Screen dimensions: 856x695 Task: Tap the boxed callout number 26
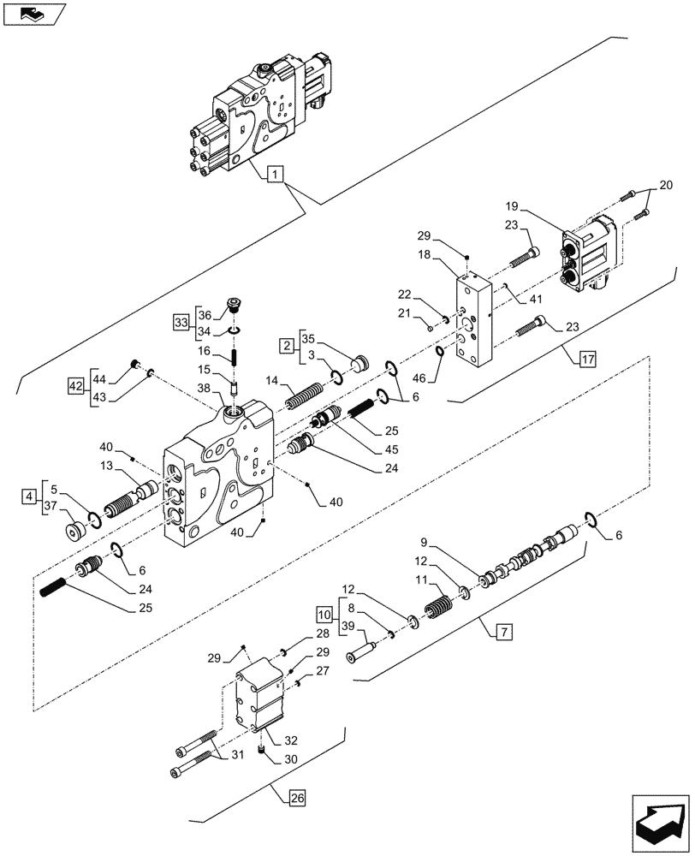tap(296, 800)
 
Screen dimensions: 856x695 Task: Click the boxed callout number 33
tap(180, 322)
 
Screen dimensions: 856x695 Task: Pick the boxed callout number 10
tap(324, 615)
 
